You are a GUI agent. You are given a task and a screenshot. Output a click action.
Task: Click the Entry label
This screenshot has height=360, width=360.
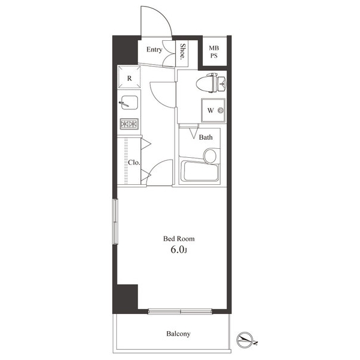click(x=155, y=50)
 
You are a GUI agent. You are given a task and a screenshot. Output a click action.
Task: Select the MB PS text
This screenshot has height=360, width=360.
click(x=214, y=52)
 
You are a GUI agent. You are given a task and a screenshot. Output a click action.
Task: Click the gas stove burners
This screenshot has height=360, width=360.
click(x=129, y=124)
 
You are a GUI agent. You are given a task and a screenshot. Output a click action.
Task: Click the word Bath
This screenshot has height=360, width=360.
click(x=206, y=137)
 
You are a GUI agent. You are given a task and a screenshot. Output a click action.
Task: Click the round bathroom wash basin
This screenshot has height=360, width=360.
click(x=210, y=155)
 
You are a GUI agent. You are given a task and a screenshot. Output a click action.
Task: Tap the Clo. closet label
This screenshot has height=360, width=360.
click(x=133, y=162)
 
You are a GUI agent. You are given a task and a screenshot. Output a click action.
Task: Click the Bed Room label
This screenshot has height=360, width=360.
click(x=179, y=238)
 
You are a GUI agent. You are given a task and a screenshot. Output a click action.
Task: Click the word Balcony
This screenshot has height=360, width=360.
click(x=178, y=334)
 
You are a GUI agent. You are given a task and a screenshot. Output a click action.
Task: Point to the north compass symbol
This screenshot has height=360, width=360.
click(x=247, y=340)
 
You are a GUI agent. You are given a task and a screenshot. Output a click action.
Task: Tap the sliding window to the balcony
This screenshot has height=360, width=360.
click(x=179, y=311)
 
